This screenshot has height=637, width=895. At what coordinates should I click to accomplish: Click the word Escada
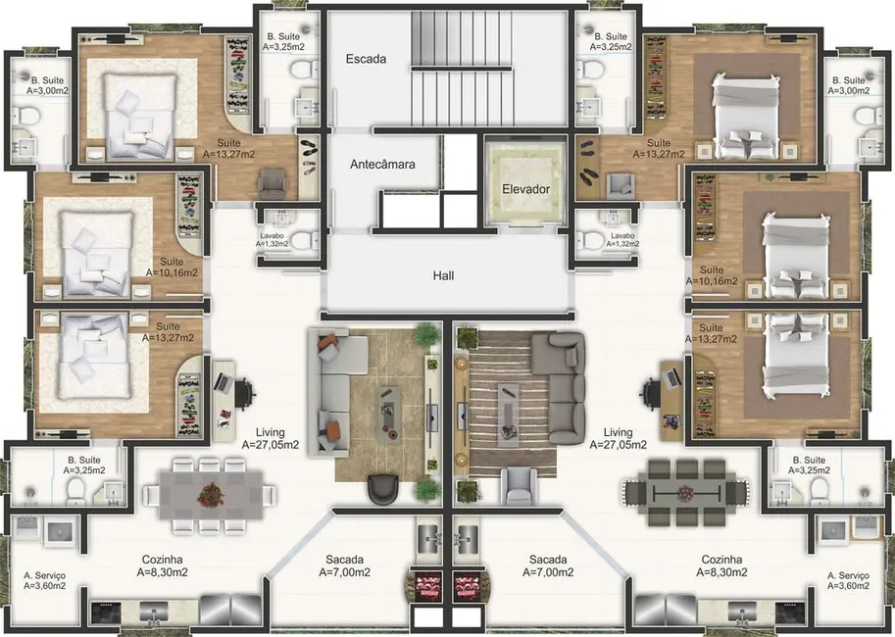(366, 59)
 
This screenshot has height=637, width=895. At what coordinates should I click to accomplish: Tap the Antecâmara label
(382, 165)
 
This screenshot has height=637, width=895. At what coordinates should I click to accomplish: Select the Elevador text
(525, 189)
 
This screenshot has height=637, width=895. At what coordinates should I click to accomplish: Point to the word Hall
(443, 276)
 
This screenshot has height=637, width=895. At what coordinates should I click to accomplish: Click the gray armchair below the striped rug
(518, 484)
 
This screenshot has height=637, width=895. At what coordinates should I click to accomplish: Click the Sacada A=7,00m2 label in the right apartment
(549, 565)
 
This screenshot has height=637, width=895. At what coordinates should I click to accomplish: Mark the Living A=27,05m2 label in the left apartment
(271, 438)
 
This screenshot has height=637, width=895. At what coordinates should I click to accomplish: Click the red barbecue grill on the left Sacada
(429, 586)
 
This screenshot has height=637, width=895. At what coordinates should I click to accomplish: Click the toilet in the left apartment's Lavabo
(303, 239)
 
